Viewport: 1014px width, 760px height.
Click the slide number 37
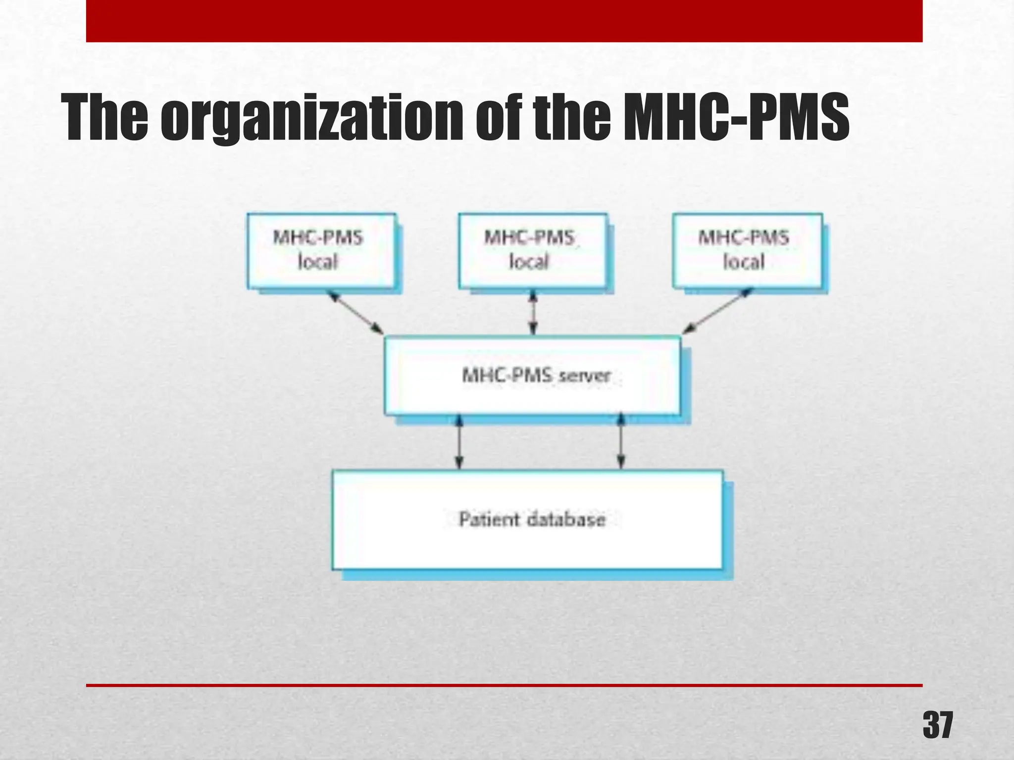[x=937, y=725]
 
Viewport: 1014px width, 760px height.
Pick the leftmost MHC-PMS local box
[x=322, y=251]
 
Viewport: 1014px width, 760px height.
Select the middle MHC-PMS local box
[x=532, y=251]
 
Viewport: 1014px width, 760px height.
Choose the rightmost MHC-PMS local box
[x=747, y=251]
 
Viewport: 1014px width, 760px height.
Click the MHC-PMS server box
[x=532, y=376]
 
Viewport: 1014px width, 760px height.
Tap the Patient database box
[x=527, y=520]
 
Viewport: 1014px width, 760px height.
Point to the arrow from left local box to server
[x=356, y=312]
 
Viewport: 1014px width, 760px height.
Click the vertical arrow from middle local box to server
[x=533, y=312]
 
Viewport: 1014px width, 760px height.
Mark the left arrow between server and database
[x=459, y=442]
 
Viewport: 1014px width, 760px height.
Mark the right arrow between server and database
[x=621, y=442]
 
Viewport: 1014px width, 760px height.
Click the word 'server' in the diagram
[x=585, y=376]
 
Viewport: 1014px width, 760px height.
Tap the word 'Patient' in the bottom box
[x=489, y=520]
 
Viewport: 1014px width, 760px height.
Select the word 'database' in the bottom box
[x=566, y=520]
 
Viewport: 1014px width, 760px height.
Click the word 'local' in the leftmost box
[x=318, y=262]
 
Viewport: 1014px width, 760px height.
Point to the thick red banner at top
[x=504, y=21]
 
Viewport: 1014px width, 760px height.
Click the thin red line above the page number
[x=504, y=685]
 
